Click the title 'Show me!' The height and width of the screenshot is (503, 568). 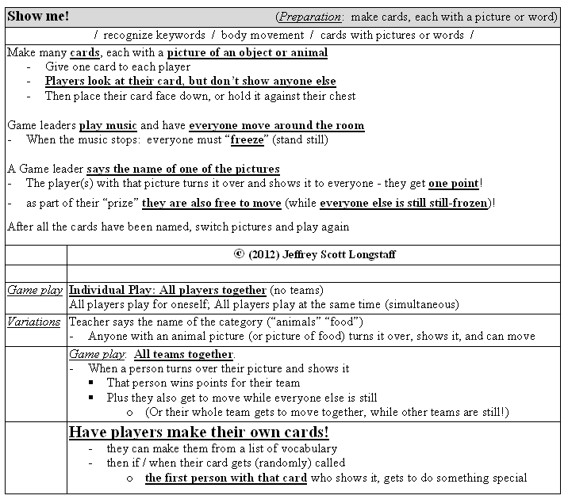coord(38,16)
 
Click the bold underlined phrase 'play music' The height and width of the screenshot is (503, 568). coord(108,125)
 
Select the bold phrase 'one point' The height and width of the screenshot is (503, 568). coord(453,183)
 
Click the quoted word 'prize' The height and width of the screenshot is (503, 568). coord(116,203)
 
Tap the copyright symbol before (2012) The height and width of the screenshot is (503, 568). coord(239,254)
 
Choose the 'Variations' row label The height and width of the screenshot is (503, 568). coord(34,322)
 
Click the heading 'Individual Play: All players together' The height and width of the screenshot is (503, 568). coord(167,290)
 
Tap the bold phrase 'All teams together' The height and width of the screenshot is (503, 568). coord(184,354)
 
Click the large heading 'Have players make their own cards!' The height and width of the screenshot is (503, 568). coord(198,432)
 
